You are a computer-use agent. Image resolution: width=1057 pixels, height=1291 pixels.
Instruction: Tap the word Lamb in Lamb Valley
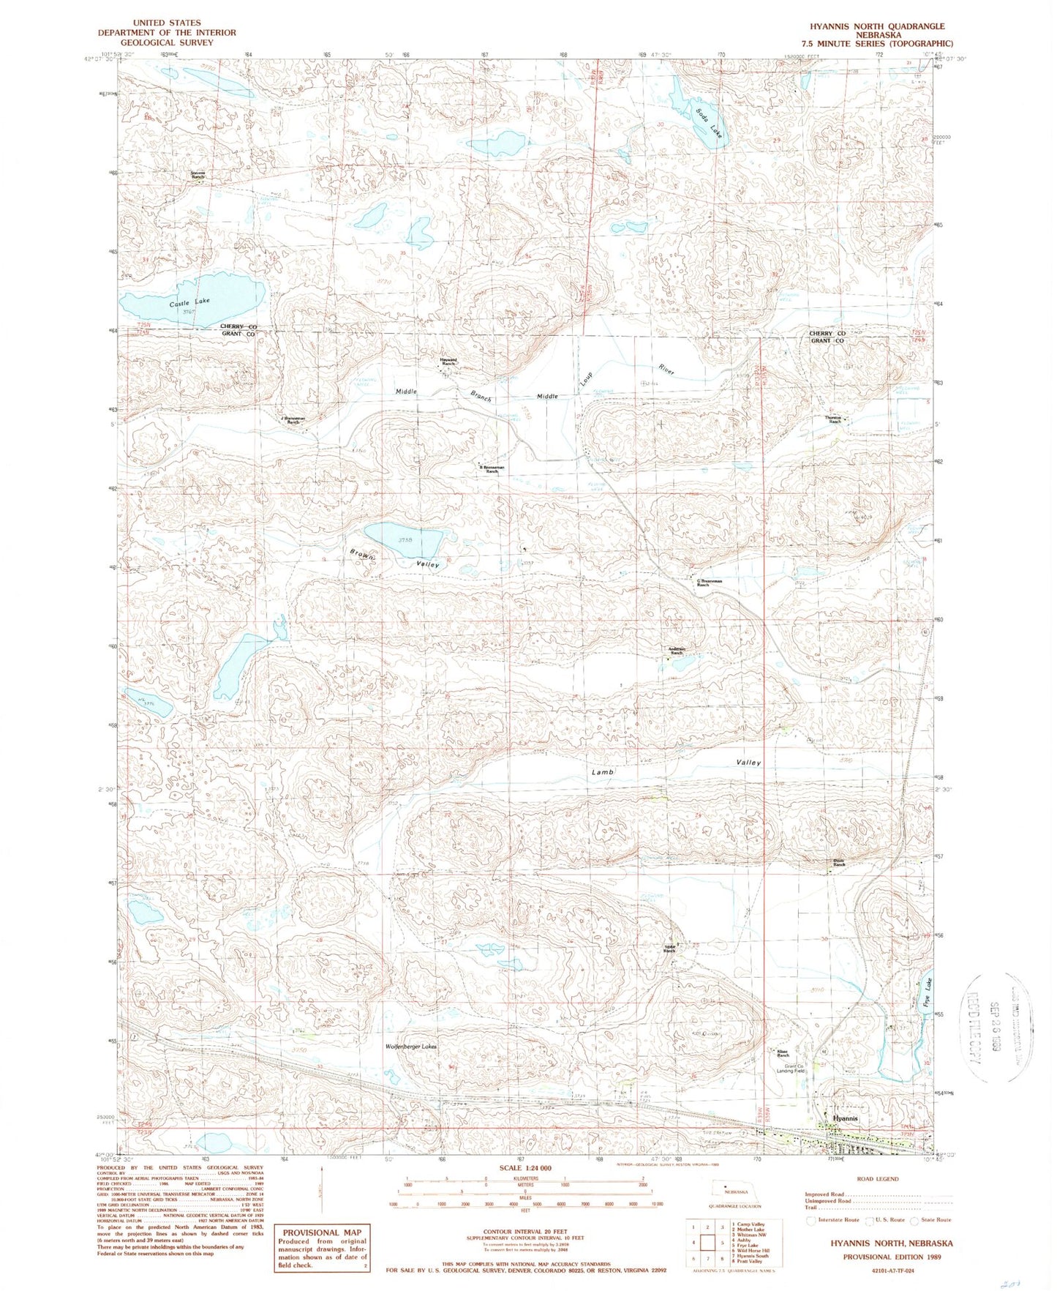tap(603, 772)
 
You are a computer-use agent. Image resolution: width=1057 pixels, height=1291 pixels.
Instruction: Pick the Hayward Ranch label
tap(448, 362)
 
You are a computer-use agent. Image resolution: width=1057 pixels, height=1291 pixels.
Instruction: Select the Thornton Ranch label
tap(834, 419)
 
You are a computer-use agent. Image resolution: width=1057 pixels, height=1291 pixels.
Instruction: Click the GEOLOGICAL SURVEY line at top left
tap(168, 42)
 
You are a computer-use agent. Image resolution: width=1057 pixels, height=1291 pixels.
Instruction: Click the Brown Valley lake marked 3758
tap(404, 539)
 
